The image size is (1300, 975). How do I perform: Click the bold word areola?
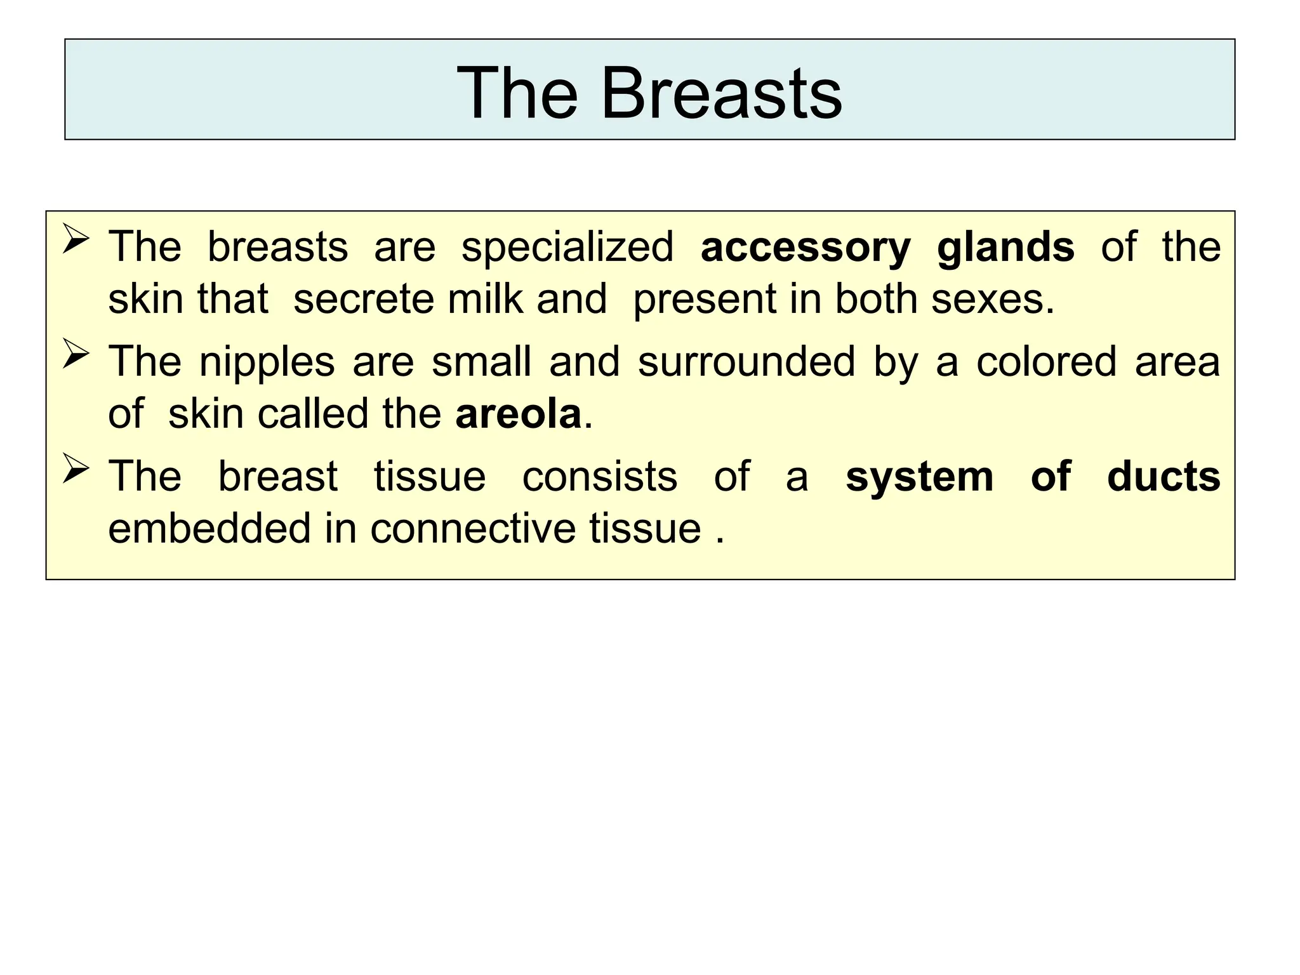coord(519,414)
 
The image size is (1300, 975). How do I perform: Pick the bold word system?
coord(919,477)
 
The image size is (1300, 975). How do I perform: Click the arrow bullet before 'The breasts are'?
coord(76,242)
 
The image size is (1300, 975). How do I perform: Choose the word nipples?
coord(267,362)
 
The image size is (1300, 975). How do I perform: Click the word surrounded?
coord(746,361)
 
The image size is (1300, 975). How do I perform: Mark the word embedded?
coord(209,528)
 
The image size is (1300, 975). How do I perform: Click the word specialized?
coord(567,248)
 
